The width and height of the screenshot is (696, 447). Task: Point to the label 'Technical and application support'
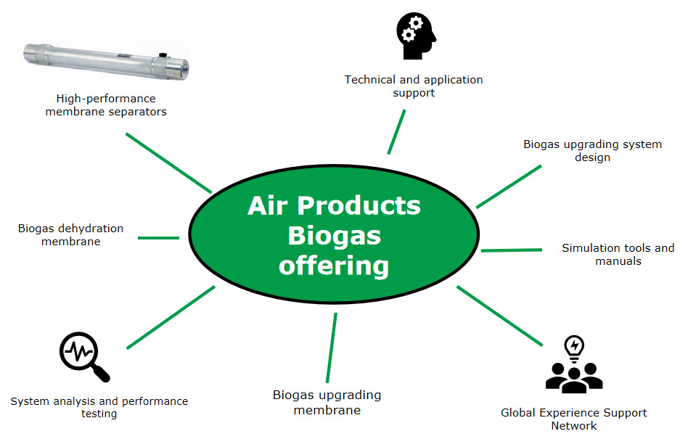tap(414, 86)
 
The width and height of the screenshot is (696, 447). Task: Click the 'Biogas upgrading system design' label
tap(592, 151)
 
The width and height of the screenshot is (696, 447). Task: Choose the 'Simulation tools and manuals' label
tap(618, 255)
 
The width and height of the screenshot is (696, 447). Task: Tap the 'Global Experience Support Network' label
tap(573, 419)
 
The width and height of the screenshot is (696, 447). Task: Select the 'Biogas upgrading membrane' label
tap(327, 403)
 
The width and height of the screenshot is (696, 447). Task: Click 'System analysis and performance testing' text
tap(99, 407)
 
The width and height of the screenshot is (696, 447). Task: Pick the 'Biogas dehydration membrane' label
tap(70, 235)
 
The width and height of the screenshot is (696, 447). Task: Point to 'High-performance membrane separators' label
tap(105, 105)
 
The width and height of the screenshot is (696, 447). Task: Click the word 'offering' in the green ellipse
tap(334, 266)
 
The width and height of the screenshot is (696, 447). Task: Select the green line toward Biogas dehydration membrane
tap(158, 237)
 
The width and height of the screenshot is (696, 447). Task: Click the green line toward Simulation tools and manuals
tap(511, 250)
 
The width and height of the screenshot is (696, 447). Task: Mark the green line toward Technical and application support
tap(396, 131)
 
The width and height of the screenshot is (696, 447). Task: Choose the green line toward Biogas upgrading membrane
tap(332, 348)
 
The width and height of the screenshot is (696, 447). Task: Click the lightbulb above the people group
tap(573, 347)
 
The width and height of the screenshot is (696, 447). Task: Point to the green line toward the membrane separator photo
tap(168, 163)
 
